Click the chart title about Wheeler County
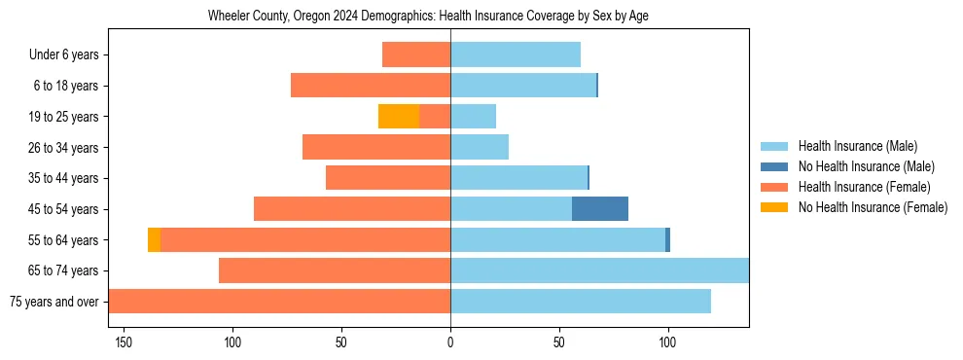click(428, 17)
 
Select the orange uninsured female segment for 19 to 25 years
click(399, 117)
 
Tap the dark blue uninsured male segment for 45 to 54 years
click(600, 209)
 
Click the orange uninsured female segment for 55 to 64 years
click(154, 240)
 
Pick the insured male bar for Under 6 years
click(516, 55)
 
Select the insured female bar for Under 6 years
click(416, 55)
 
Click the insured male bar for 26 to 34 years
click(480, 148)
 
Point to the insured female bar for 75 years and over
click(279, 302)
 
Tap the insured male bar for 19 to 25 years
click(473, 117)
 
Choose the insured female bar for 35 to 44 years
click(388, 178)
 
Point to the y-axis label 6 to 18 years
click(66, 87)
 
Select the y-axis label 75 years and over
click(54, 302)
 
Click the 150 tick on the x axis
click(124, 342)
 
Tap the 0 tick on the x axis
click(450, 342)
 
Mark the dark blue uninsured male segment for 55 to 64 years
click(667, 240)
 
